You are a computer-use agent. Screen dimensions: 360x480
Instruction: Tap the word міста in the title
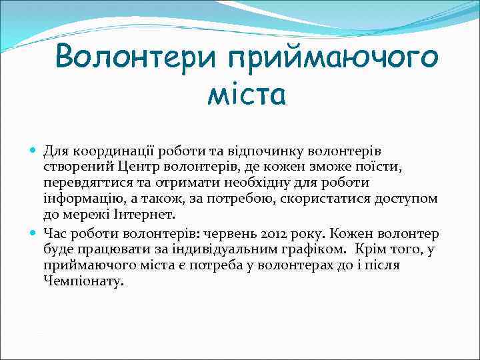coord(247,95)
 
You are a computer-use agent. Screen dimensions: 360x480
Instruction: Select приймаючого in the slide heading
coord(333,59)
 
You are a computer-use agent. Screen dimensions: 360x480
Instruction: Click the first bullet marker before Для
coord(35,151)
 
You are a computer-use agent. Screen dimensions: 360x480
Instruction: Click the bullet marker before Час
coord(35,234)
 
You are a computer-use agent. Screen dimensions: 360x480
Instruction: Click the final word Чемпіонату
coord(84,282)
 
